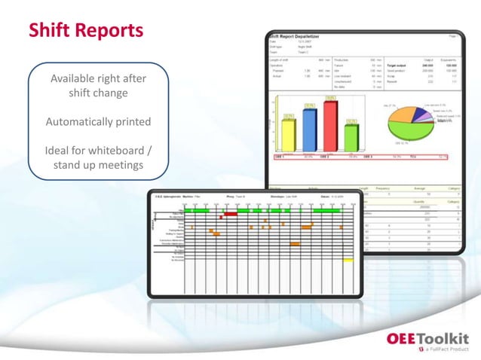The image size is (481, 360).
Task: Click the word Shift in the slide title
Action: pos(49,30)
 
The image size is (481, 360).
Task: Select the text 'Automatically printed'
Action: pos(98,121)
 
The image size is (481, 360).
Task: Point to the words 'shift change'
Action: pos(98,93)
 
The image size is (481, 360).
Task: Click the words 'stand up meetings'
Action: pos(98,164)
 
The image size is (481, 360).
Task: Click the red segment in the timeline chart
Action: pos(231,214)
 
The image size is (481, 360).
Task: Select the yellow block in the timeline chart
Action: pos(348,260)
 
